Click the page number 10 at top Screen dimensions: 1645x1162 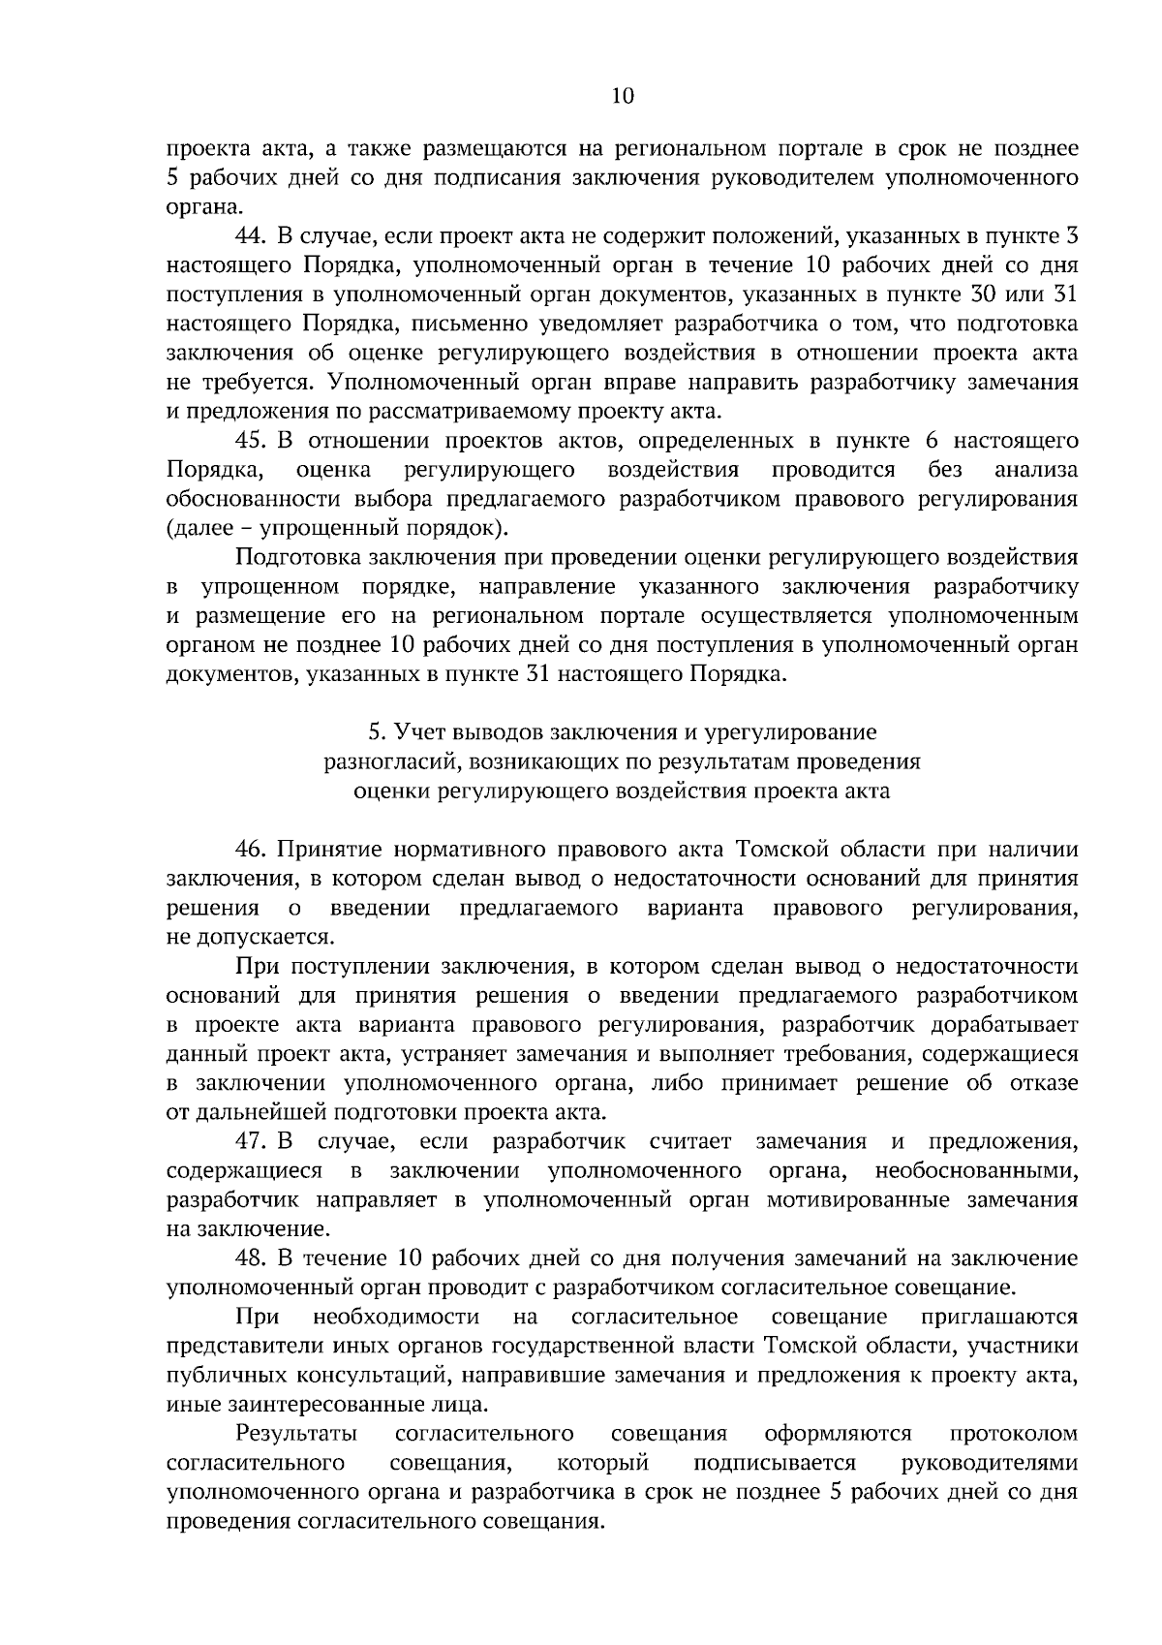(x=623, y=95)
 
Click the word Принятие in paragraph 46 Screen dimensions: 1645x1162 (x=324, y=850)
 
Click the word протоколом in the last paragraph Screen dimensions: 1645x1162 (x=1014, y=1433)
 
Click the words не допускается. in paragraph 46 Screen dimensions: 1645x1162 (x=250, y=937)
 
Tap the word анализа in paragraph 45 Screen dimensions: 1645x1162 (x=1036, y=470)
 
